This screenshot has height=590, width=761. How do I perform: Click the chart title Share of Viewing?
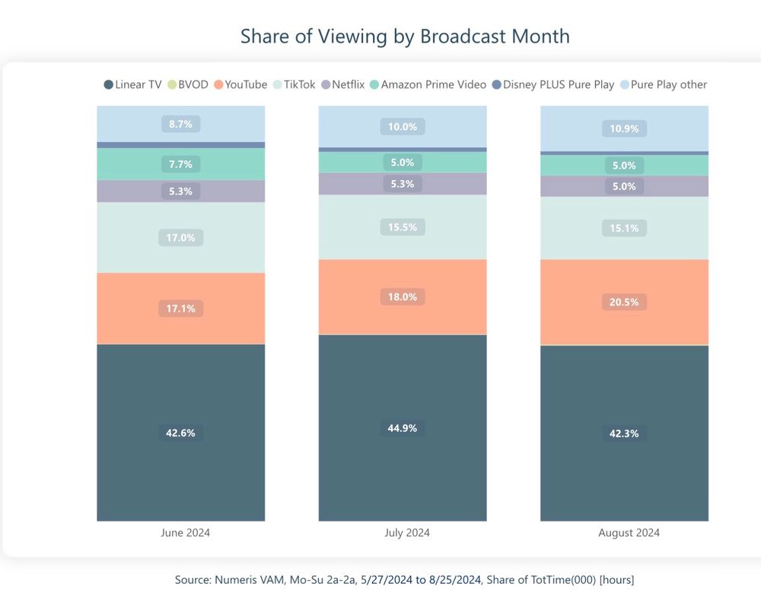[x=404, y=36]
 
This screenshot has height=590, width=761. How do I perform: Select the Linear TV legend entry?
[x=133, y=84]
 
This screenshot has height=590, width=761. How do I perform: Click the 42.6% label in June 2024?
[x=180, y=433]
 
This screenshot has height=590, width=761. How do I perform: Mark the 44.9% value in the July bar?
[x=402, y=428]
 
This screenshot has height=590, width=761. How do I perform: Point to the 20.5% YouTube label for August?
[x=624, y=302]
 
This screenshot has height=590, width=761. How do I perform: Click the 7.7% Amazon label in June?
[x=180, y=163]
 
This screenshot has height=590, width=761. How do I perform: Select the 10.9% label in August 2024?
[x=624, y=128]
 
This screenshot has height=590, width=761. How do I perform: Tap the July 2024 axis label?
[x=406, y=533]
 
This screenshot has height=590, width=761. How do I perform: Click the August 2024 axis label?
[x=629, y=533]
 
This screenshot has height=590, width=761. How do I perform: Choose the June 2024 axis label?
[x=185, y=533]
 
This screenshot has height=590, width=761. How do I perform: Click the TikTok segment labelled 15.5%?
[x=402, y=227]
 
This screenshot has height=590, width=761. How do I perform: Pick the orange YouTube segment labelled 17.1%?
[x=180, y=309]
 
